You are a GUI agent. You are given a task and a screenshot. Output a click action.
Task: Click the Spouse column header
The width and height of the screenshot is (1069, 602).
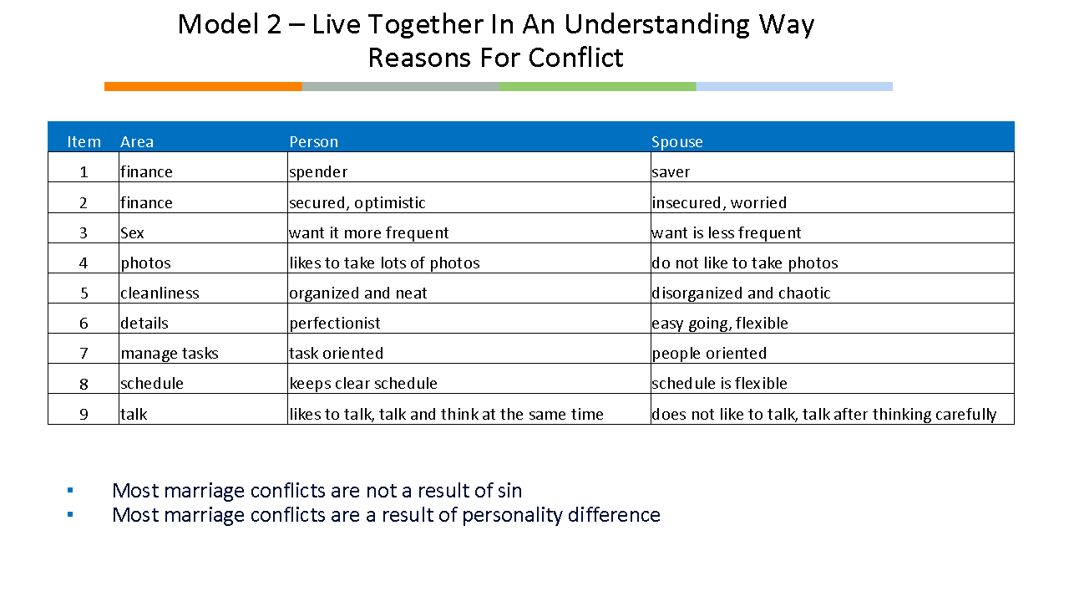point(676,142)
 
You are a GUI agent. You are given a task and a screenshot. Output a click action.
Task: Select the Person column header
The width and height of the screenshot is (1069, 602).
point(313,142)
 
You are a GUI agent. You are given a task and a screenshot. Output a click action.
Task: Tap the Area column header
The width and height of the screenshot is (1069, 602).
point(137,142)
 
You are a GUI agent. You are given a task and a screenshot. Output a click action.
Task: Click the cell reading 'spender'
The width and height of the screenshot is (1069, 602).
point(318,172)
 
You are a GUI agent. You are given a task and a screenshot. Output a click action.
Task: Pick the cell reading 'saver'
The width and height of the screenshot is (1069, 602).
point(671,172)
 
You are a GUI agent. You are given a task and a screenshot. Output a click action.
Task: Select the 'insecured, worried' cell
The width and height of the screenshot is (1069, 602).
point(719,202)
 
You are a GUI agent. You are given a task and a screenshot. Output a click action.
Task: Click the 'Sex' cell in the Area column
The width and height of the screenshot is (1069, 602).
point(132,232)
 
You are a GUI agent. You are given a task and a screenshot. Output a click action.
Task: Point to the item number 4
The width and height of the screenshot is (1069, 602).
point(84,263)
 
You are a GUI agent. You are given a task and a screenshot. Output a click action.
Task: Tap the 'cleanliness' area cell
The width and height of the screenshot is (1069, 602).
point(160,293)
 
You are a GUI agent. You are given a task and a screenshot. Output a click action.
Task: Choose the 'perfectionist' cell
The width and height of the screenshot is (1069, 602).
point(335,323)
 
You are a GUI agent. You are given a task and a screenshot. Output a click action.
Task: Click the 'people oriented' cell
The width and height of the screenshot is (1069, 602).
point(709,354)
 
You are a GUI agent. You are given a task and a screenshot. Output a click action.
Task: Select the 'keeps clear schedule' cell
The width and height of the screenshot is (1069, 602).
point(363,383)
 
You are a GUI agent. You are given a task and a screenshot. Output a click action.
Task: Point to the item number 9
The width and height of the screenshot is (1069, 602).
point(84,414)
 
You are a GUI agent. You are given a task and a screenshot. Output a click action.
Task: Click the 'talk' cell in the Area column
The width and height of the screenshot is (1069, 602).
point(134,414)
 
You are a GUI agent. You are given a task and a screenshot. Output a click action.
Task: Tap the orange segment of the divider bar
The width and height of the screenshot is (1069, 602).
point(203,86)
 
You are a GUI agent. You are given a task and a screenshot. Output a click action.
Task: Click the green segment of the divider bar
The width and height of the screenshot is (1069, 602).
point(597,86)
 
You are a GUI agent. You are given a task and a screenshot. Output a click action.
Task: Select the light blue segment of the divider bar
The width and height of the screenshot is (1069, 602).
point(794,86)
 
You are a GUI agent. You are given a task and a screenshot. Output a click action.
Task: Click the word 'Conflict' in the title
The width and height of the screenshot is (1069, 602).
point(576,58)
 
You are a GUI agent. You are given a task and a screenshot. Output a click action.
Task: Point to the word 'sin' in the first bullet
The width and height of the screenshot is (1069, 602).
point(510,491)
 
